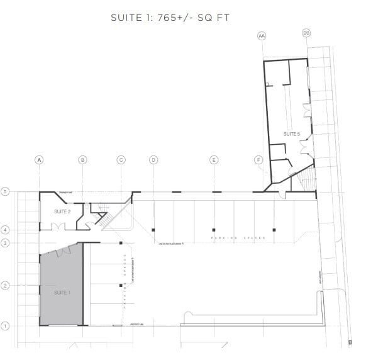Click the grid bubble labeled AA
262,37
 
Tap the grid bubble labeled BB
306,33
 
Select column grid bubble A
40,160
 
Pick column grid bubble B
82,160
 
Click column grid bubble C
121,160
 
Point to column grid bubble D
153,160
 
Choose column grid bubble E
214,160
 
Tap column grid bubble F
258,160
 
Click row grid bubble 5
5,191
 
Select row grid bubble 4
5,230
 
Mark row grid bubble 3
5,242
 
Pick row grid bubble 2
5,285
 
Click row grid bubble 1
5,325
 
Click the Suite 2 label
61,211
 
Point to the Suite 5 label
292,134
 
